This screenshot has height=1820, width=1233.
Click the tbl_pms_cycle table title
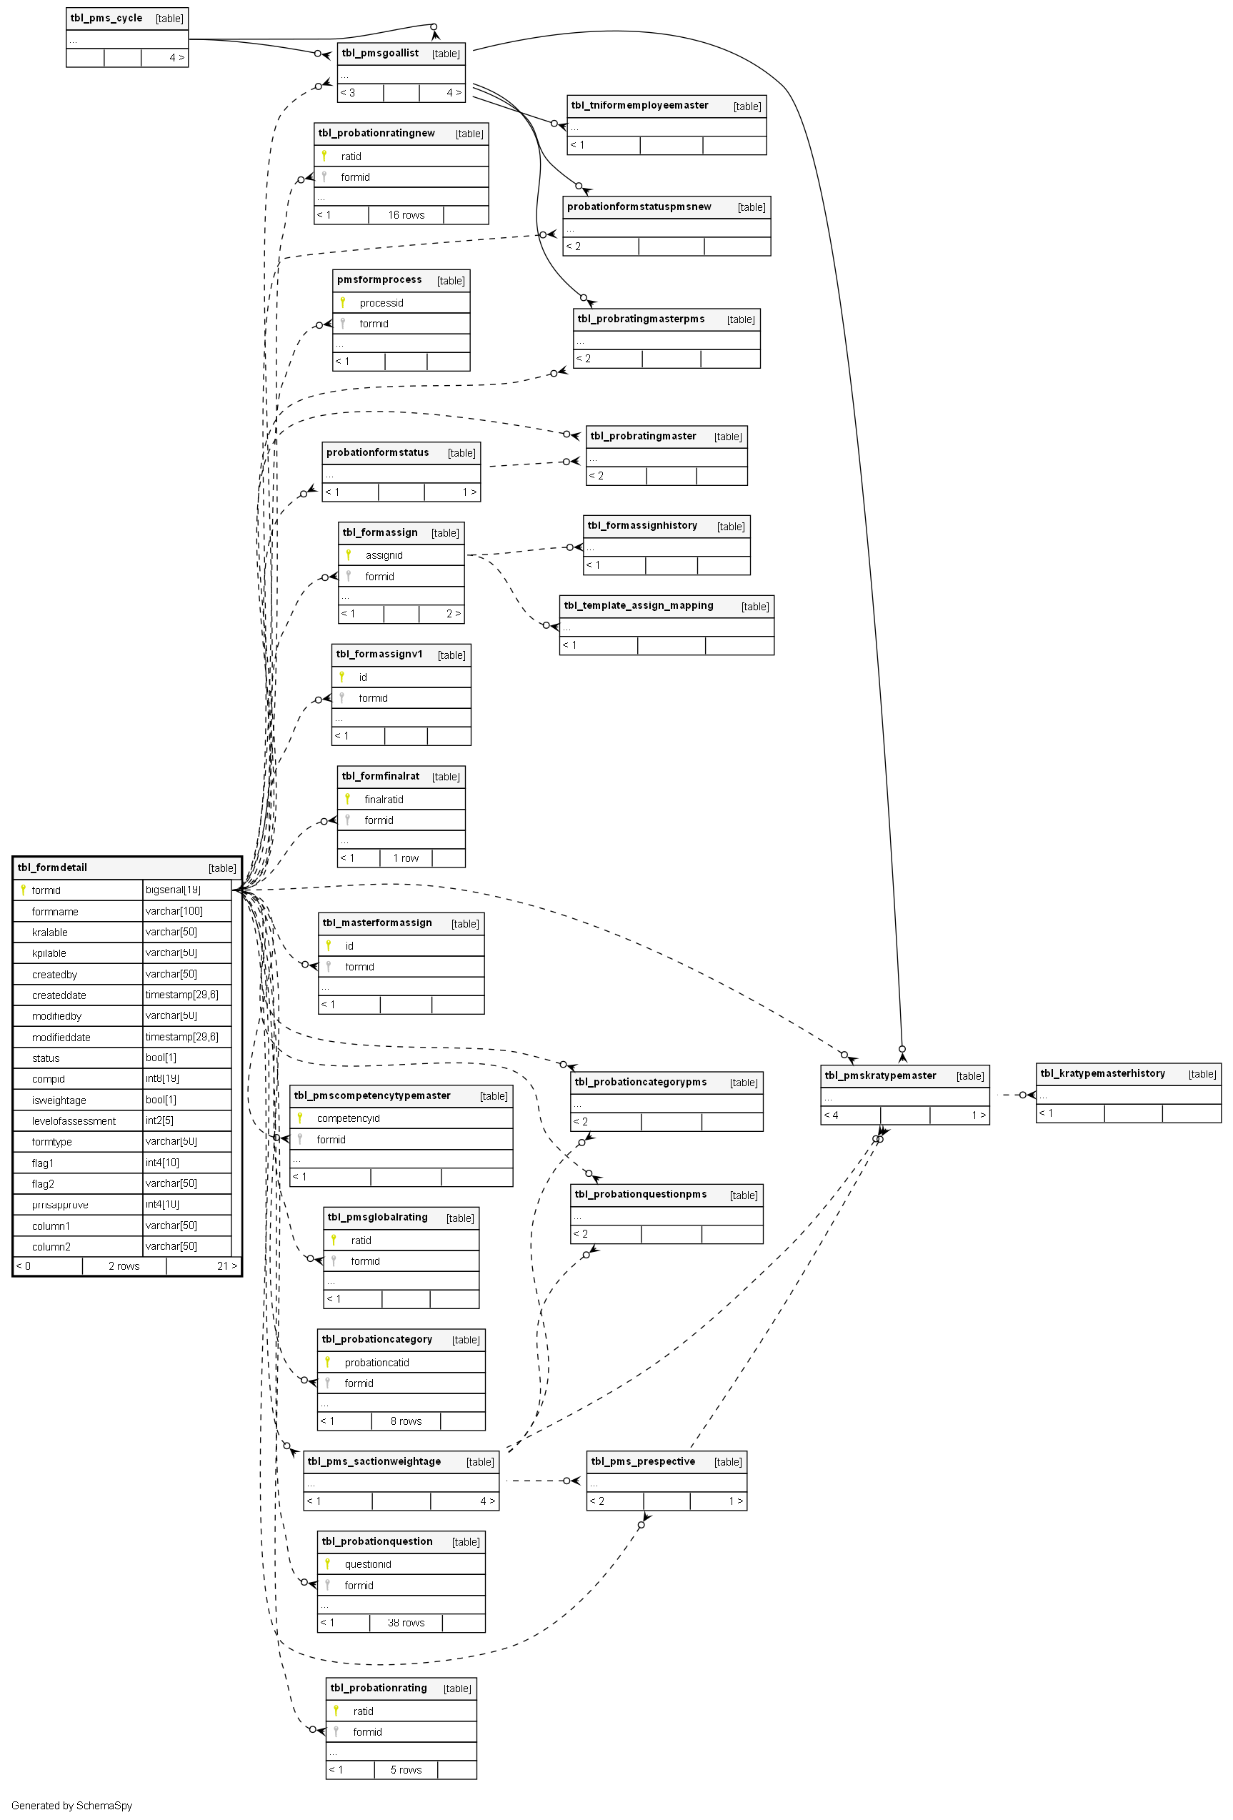[106, 18]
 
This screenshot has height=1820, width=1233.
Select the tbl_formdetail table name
[52, 867]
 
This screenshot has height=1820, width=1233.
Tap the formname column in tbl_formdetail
[55, 912]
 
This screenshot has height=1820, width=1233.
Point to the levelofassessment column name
[74, 1121]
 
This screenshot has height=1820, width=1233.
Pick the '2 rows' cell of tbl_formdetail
[124, 1266]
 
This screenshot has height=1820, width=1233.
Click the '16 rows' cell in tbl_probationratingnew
[406, 215]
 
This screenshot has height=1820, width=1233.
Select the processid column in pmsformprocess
[381, 303]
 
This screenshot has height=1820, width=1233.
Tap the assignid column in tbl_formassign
[384, 555]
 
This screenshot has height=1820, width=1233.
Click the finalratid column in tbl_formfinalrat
[384, 800]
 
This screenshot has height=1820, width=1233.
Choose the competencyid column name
[348, 1118]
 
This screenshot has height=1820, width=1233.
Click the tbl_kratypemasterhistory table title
[1102, 1074]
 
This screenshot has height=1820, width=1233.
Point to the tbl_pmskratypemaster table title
[880, 1076]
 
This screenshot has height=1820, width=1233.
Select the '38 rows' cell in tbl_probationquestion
[406, 1623]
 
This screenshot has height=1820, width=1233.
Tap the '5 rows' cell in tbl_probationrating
[406, 1770]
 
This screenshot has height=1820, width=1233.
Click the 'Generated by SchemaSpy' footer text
[72, 1806]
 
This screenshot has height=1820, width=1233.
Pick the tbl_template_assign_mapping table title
[638, 606]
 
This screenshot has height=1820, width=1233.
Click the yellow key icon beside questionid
[328, 1564]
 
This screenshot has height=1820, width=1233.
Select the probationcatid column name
[376, 1363]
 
